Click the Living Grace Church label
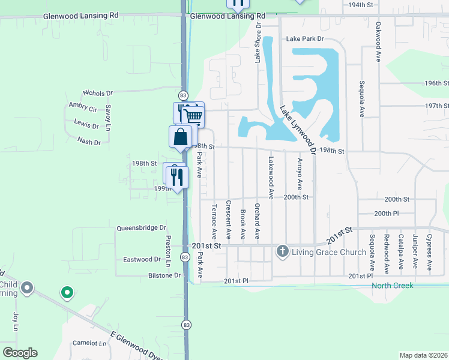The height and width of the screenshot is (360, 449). click(x=329, y=252)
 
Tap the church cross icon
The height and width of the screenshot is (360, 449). click(x=283, y=251)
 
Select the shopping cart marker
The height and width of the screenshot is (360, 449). click(x=193, y=115)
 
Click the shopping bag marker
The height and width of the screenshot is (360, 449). click(x=180, y=137)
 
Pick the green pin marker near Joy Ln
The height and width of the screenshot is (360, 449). click(x=67, y=293)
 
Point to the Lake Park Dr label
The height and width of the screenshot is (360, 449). click(x=305, y=39)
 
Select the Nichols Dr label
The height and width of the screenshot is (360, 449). click(x=98, y=93)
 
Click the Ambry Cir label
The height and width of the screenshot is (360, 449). click(x=83, y=109)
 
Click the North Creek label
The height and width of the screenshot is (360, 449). click(x=392, y=286)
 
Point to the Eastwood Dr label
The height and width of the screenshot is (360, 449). click(x=142, y=260)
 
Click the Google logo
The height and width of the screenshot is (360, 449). click(x=20, y=353)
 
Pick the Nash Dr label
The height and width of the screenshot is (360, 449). click(x=88, y=142)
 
